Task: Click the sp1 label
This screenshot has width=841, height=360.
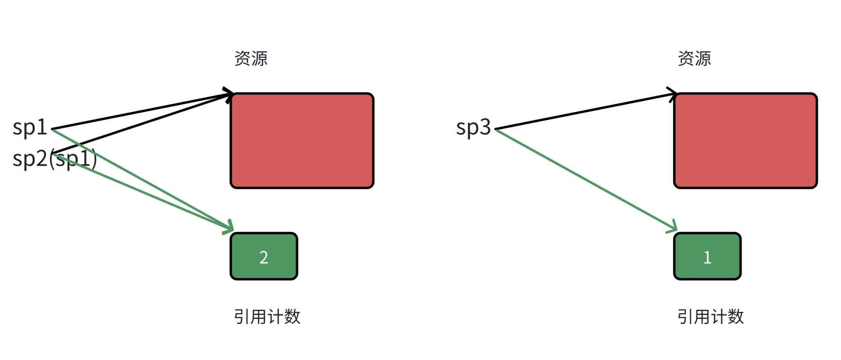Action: [30, 127]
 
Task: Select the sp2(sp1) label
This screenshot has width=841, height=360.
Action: [54, 158]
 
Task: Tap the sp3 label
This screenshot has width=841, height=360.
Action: [473, 127]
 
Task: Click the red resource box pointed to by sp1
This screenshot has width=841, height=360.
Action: [302, 140]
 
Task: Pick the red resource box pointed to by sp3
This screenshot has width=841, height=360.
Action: [745, 140]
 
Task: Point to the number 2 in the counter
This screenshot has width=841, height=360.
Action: [264, 257]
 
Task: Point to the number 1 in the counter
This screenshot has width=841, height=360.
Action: [707, 257]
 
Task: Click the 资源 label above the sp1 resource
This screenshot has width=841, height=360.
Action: [251, 58]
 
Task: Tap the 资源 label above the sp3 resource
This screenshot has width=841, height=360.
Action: [694, 58]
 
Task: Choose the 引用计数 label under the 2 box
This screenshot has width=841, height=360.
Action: [267, 317]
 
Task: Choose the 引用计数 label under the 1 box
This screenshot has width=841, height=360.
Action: [711, 317]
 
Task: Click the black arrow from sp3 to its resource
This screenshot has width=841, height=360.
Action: [585, 112]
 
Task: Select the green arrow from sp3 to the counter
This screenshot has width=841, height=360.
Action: [585, 180]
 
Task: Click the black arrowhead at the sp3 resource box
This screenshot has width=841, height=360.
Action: [673, 94]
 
